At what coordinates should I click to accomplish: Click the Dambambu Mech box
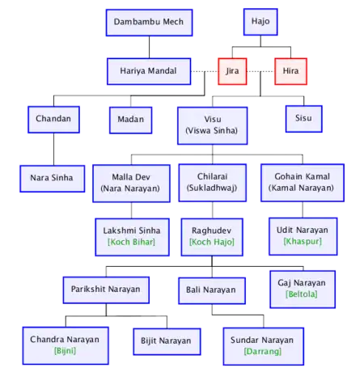tap(149, 23)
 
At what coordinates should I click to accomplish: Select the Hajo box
tap(260, 22)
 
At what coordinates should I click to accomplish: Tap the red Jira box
tap(232, 71)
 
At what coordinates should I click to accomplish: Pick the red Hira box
tap(290, 71)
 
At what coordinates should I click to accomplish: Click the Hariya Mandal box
tap(149, 71)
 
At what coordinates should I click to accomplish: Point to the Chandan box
tap(53, 120)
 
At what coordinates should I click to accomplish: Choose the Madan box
tap(131, 120)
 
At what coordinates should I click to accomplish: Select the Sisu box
tap(304, 119)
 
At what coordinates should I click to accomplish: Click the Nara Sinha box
tap(53, 179)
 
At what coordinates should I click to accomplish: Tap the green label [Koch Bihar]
tap(131, 242)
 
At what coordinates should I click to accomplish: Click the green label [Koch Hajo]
tap(212, 242)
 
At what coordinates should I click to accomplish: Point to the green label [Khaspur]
tap(303, 241)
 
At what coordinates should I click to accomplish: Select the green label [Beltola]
tap(302, 294)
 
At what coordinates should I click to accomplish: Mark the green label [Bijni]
tap(65, 351)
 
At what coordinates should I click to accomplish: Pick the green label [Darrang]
tap(263, 351)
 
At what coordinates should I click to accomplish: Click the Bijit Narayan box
tap(167, 341)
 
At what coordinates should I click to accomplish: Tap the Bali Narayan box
tap(212, 290)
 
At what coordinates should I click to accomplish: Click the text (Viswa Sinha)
tap(212, 131)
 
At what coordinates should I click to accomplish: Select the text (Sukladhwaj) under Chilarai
tap(212, 188)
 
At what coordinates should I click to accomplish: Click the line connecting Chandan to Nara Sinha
tap(53, 149)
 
